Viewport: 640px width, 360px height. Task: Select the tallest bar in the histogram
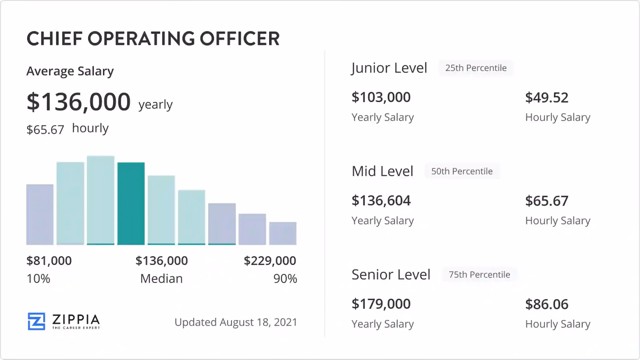click(x=101, y=200)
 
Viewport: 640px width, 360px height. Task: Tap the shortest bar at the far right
click(x=283, y=233)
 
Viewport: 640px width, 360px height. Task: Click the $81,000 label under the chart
click(x=49, y=261)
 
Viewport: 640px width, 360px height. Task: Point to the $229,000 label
click(x=270, y=261)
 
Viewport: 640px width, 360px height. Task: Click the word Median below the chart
click(x=161, y=279)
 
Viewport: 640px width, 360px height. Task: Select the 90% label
click(x=285, y=279)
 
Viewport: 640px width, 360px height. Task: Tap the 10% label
click(x=38, y=279)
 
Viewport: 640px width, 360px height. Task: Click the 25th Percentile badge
click(x=476, y=68)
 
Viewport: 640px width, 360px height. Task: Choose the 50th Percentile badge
click(x=462, y=171)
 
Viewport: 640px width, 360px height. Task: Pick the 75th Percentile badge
click(x=479, y=275)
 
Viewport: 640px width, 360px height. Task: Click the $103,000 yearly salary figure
click(x=381, y=97)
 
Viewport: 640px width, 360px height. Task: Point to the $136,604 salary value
click(x=381, y=201)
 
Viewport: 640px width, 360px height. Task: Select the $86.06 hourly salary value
click(x=547, y=304)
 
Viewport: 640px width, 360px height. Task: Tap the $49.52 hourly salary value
click(x=547, y=97)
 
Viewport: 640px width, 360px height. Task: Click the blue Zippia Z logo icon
click(x=36, y=321)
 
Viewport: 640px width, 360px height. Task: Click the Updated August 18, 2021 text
click(x=236, y=322)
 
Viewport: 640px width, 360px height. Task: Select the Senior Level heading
click(x=391, y=275)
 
